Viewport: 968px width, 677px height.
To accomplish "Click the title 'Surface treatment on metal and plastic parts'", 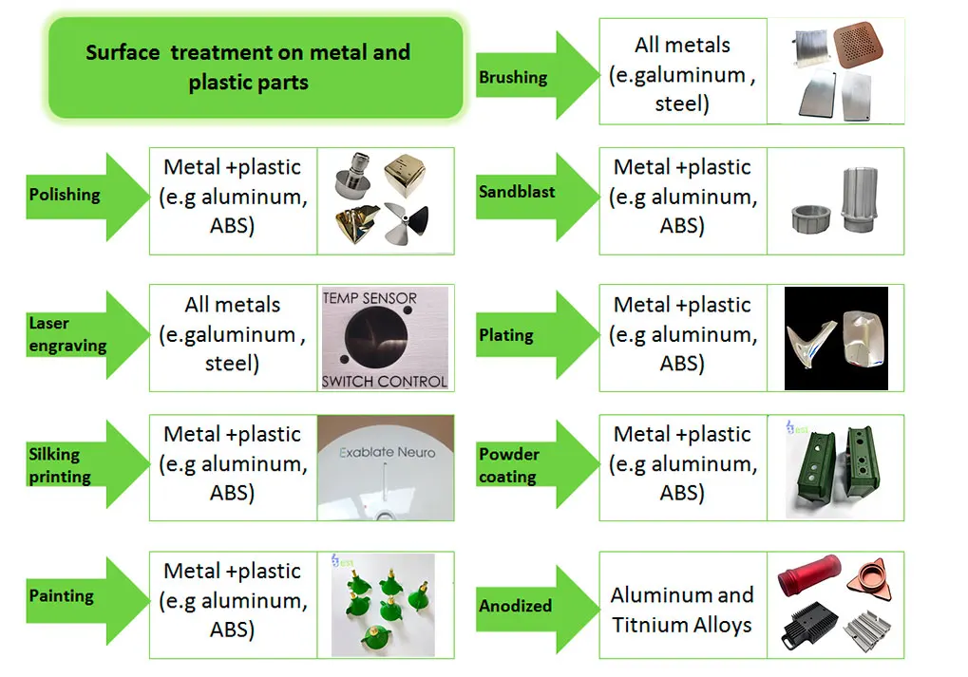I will coord(248,67).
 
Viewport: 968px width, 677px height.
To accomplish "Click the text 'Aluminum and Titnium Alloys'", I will coord(682,610).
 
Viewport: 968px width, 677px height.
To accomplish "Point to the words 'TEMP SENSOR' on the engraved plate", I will coord(370,298).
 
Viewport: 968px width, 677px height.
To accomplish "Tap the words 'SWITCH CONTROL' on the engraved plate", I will coord(384,382).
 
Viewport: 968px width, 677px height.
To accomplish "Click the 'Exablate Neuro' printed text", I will coord(388,453).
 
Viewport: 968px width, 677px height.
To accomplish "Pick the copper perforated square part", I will coord(864,45).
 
